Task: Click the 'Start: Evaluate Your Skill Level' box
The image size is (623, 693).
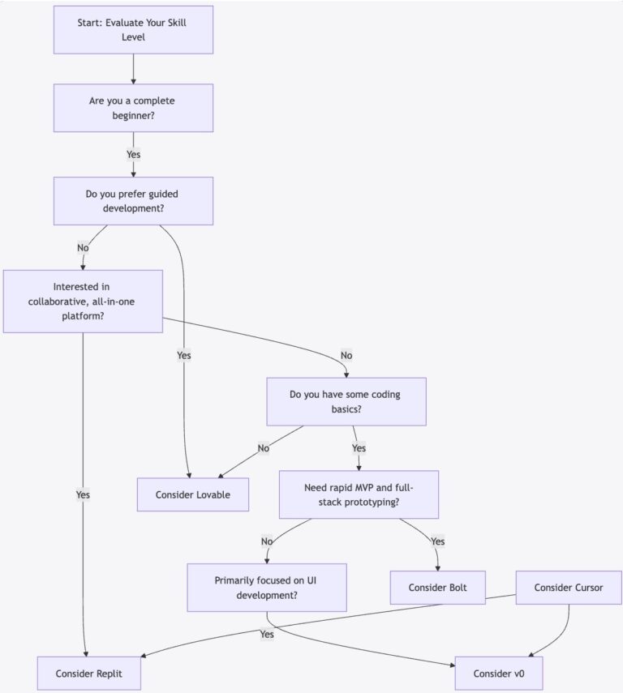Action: click(x=133, y=30)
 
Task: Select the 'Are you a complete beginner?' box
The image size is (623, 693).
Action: click(x=133, y=108)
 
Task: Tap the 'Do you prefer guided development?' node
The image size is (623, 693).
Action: click(x=133, y=201)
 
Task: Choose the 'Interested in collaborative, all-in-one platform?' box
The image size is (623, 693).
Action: click(x=83, y=301)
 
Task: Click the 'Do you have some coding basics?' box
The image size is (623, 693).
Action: click(x=346, y=401)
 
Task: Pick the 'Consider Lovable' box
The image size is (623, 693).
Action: click(x=192, y=494)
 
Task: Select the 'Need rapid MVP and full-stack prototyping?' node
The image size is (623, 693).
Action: click(x=359, y=494)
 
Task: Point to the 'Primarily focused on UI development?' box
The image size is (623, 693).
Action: click(x=267, y=588)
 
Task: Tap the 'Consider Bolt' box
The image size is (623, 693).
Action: click(x=439, y=588)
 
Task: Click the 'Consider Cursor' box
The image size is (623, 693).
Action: click(x=568, y=588)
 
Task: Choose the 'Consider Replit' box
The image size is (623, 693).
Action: click(x=89, y=674)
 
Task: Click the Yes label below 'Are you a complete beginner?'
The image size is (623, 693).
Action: click(x=133, y=154)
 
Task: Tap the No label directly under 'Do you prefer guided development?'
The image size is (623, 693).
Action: click(x=83, y=247)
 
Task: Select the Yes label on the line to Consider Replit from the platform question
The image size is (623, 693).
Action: click(x=83, y=494)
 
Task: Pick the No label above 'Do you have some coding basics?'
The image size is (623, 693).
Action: click(x=346, y=354)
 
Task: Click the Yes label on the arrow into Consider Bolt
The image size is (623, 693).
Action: click(x=438, y=541)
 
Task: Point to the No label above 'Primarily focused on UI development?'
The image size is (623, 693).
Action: click(x=267, y=541)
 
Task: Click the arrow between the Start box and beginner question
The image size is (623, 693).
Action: click(x=133, y=69)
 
